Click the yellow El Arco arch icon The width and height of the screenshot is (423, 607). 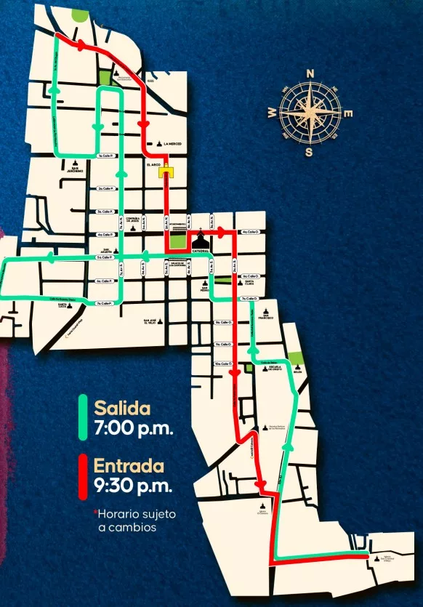(168, 172)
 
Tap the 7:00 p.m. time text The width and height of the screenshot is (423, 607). (133, 427)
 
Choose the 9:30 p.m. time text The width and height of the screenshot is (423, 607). (133, 486)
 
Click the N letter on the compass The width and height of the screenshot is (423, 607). (310, 73)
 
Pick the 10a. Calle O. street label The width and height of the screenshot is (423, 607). (223, 363)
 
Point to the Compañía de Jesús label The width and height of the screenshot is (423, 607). (133, 219)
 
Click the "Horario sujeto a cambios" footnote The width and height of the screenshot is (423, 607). (136, 520)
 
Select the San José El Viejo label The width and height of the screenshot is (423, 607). (152, 323)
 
